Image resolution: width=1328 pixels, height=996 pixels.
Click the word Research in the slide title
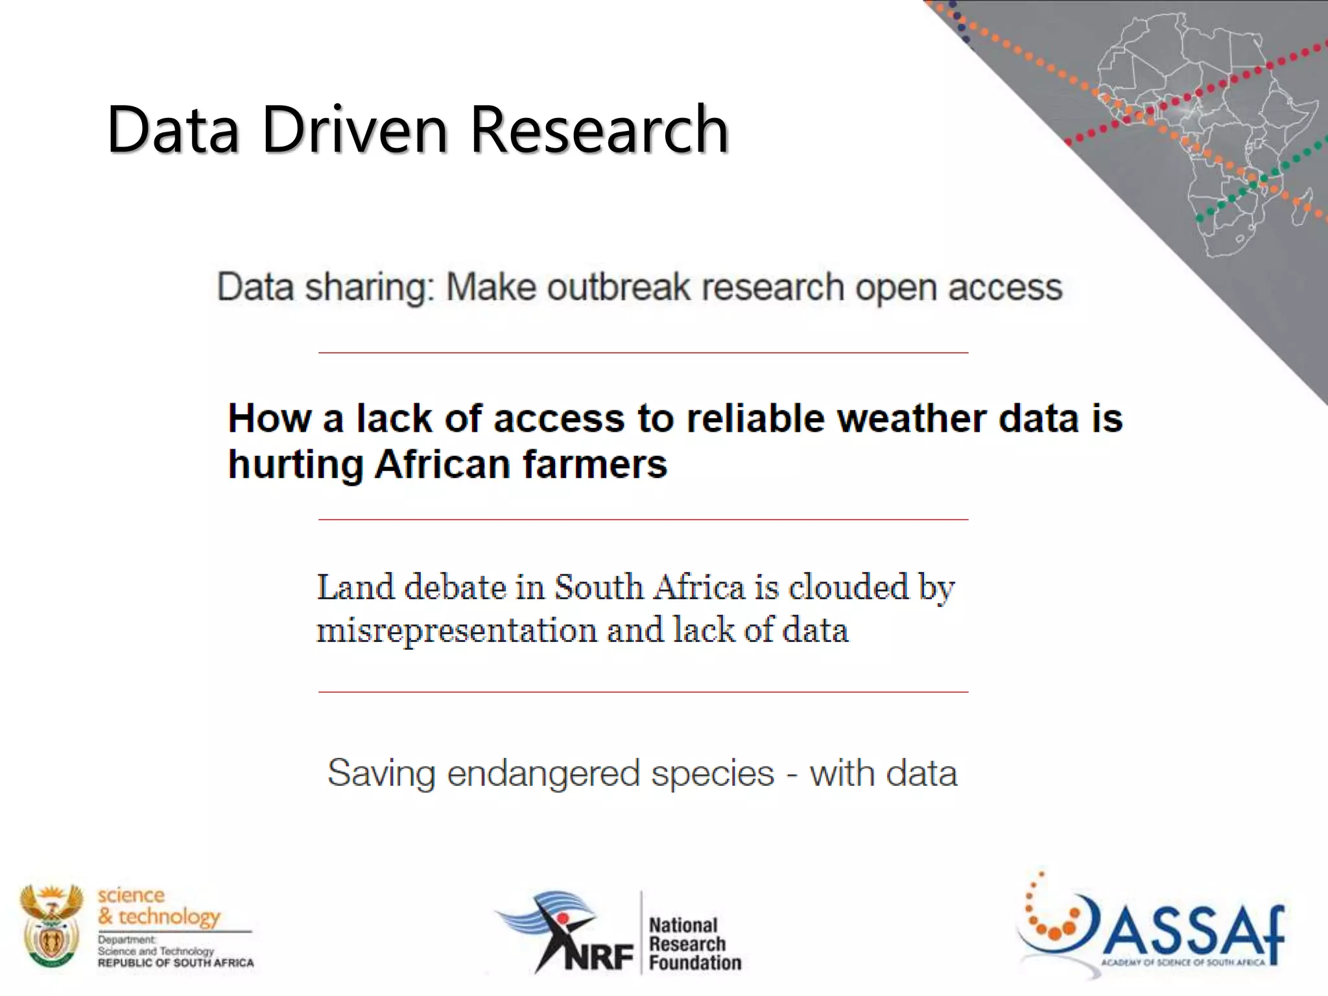tap(599, 130)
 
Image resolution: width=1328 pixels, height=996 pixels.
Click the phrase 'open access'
tap(958, 287)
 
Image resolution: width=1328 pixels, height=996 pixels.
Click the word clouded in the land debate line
tap(848, 587)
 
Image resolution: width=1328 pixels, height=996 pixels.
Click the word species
tap(713, 773)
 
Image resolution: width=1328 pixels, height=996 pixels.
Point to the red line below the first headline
tap(643, 353)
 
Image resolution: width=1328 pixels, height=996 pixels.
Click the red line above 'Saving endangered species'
tap(643, 692)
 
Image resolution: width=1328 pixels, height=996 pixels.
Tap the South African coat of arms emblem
tap(51, 926)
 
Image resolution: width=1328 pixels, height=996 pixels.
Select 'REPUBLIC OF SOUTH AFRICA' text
tap(176, 963)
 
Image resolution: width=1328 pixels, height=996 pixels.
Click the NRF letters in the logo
tap(598, 956)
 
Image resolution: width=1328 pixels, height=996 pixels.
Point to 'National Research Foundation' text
tap(694, 943)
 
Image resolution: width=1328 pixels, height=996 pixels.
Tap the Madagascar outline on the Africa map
tap(1302, 206)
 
